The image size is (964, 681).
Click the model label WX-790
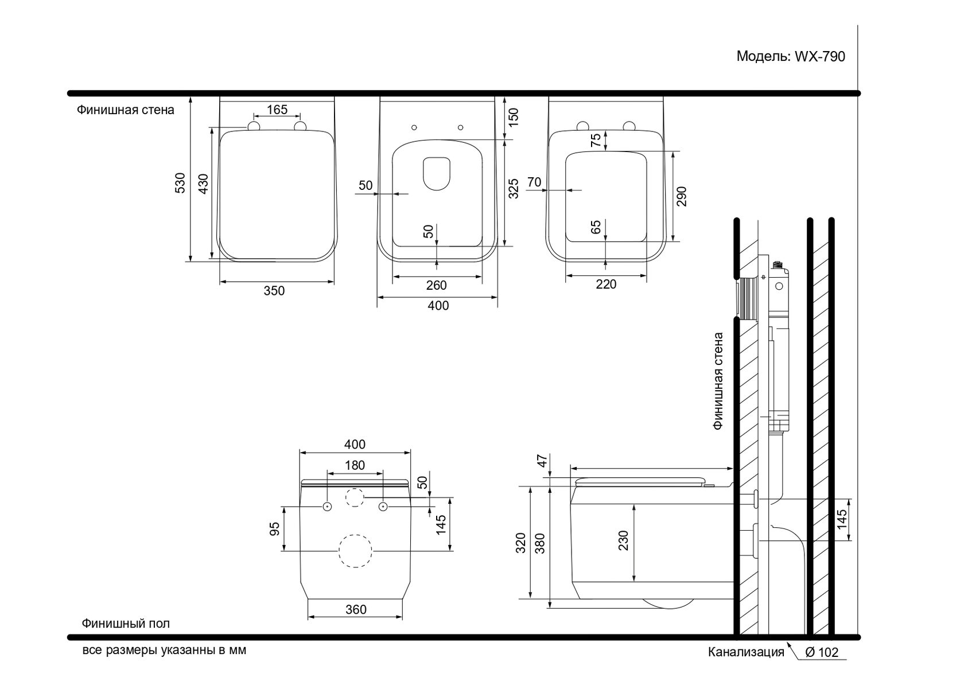[x=791, y=57]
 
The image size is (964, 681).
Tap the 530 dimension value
[x=181, y=182]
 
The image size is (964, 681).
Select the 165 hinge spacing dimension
[x=277, y=110]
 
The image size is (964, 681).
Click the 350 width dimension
[x=274, y=291]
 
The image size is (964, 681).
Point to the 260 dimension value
[x=437, y=285]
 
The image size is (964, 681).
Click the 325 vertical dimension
[x=514, y=188]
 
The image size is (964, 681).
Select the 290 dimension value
[x=682, y=196]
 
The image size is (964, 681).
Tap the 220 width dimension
[x=606, y=284]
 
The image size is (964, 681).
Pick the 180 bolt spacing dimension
[x=355, y=465]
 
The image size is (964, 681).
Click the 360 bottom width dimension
[x=356, y=609]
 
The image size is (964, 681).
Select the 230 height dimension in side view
[x=624, y=540]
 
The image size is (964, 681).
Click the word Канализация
[x=745, y=652]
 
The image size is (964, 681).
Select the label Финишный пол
[x=126, y=623]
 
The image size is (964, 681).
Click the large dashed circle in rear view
[x=356, y=551]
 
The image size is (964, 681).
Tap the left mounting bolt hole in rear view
[x=327, y=507]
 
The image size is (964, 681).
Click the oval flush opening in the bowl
[x=436, y=173]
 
